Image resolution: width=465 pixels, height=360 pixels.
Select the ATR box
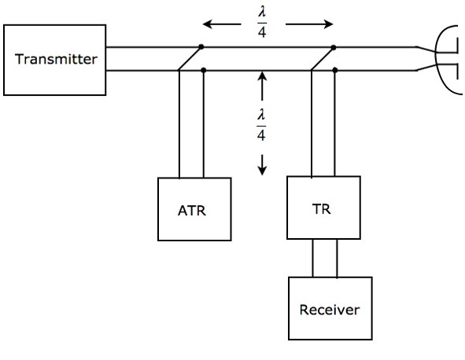[194, 209]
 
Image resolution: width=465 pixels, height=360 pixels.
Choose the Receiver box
[329, 309]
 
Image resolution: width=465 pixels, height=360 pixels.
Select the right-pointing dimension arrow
[310, 24]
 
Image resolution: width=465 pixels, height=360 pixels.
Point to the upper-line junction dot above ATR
[201, 47]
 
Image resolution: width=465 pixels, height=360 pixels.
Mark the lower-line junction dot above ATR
[204, 72]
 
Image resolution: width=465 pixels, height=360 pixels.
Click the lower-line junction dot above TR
[337, 72]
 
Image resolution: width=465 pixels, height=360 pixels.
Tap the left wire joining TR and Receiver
[313, 258]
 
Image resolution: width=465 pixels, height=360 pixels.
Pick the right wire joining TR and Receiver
[338, 258]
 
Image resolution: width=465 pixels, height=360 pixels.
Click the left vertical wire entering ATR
[179, 126]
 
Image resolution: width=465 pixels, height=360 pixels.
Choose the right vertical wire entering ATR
[204, 126]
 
